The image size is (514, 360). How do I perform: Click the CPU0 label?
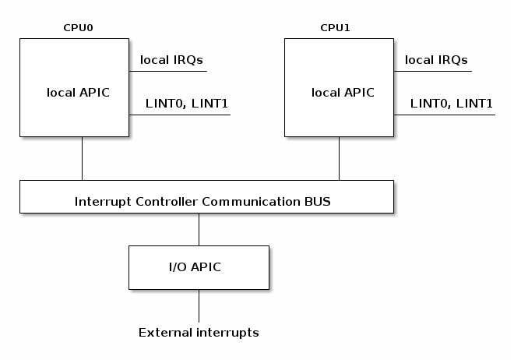[x=78, y=28]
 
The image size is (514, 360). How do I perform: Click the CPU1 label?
[x=335, y=28]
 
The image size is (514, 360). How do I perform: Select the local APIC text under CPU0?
[x=79, y=93]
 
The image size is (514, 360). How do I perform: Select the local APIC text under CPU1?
[x=343, y=93]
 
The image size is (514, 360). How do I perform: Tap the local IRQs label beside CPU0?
[x=171, y=59]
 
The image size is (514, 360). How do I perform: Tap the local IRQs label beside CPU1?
[x=436, y=59]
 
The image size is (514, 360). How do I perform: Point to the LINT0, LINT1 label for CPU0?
[x=186, y=103]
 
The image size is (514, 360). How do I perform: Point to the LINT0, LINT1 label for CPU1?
[x=452, y=103]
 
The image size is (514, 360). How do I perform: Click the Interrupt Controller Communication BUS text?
[x=202, y=201]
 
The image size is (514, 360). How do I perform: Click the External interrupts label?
[x=199, y=333]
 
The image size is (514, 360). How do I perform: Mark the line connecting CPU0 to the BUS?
[x=82, y=159]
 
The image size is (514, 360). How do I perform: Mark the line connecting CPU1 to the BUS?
[x=339, y=159]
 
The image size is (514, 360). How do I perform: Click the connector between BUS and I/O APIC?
[x=199, y=229]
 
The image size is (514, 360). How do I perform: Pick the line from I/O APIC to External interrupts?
[x=199, y=305]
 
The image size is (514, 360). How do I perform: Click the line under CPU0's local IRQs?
[x=167, y=71]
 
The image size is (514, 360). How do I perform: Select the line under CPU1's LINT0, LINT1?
[x=444, y=115]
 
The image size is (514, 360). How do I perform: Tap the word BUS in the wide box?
[x=317, y=201]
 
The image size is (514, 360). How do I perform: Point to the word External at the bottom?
[x=164, y=333]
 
